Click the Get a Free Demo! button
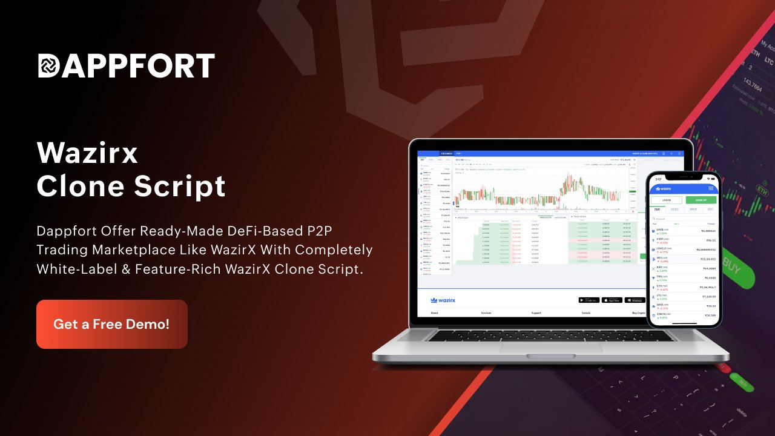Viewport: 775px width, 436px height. click(111, 324)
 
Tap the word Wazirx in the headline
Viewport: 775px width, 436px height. click(87, 153)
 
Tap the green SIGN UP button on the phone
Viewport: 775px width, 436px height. click(701, 200)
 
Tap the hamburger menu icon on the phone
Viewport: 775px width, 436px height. click(710, 188)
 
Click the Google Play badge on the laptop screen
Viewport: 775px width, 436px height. click(589, 300)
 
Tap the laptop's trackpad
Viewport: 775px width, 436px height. click(550, 356)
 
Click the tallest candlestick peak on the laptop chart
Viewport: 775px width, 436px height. click(570, 176)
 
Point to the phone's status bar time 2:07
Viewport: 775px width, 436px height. click(658, 179)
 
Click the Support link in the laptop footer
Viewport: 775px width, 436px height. click(536, 313)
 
